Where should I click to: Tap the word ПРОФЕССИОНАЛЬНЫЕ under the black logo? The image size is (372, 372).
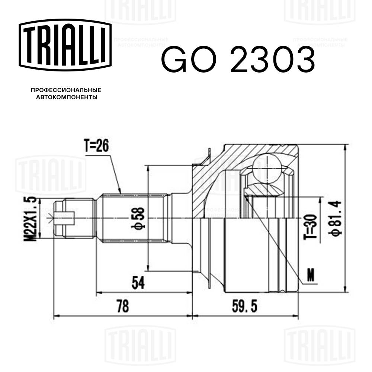point(66,90)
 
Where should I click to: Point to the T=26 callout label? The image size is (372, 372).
point(96,147)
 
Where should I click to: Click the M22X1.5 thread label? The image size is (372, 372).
point(32,219)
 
